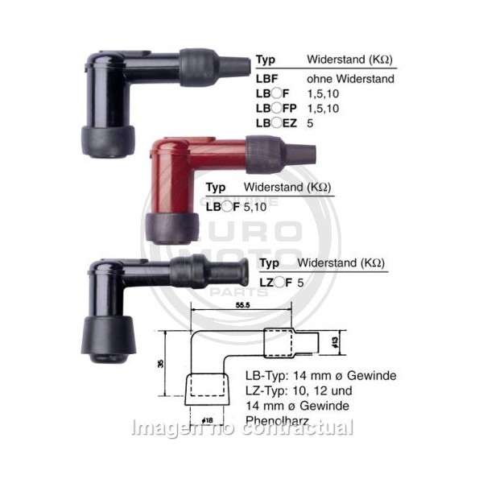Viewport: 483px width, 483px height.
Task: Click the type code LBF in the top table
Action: [x=266, y=79]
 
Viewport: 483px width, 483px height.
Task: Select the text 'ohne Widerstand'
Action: [x=350, y=79]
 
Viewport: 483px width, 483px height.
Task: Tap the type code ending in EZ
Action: [x=276, y=123]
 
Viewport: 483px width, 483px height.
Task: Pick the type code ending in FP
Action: [x=276, y=109]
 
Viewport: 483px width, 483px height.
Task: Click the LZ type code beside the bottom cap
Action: [x=275, y=283]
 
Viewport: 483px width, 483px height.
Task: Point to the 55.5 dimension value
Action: [x=242, y=305]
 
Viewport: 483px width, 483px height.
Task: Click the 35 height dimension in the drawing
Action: [x=160, y=364]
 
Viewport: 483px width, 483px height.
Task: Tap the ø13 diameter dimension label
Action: [x=335, y=342]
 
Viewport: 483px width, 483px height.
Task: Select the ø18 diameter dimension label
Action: [x=208, y=420]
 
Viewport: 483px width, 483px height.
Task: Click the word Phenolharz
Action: [x=277, y=420]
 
